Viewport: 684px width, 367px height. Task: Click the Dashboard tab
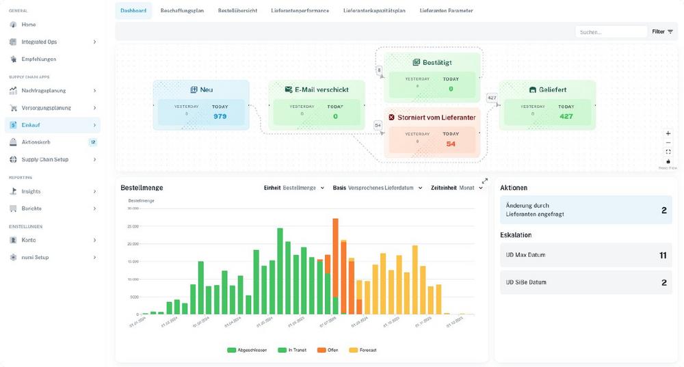[x=133, y=11]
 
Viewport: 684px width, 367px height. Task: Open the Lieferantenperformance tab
[x=300, y=11]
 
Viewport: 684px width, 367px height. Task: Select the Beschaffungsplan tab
[x=182, y=11]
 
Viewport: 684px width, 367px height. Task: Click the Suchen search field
[x=610, y=31]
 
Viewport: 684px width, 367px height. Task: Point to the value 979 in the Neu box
[x=220, y=116]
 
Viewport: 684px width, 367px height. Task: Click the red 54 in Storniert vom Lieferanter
[x=451, y=144]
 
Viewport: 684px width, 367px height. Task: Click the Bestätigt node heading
[x=436, y=62]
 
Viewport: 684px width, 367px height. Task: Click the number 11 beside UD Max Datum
[x=662, y=255]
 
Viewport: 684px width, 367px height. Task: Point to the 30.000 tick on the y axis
[x=133, y=208]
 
